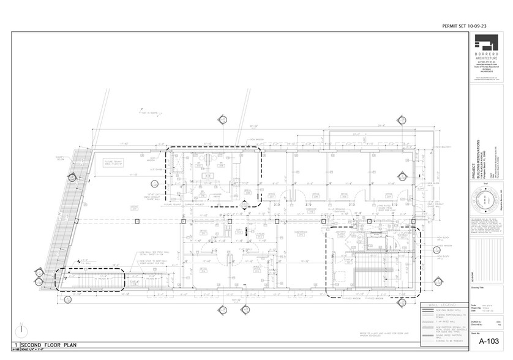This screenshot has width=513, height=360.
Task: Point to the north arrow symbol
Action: click(x=23, y=330)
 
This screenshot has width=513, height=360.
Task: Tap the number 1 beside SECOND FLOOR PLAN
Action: click(x=18, y=346)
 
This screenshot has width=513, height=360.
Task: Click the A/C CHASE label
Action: click(x=155, y=170)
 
